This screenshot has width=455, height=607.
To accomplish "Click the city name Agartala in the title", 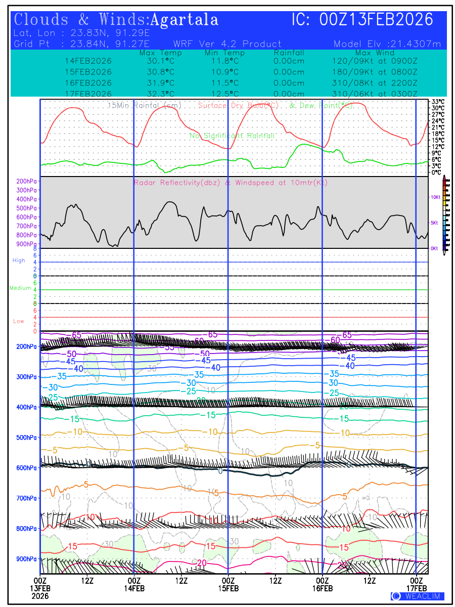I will tap(185, 20).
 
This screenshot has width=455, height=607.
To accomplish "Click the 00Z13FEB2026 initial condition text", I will tap(377, 20).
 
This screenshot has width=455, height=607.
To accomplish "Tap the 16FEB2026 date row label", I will tap(88, 82).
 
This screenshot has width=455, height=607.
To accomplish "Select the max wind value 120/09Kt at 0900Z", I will tap(375, 61).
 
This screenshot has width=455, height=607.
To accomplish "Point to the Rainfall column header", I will tap(289, 53).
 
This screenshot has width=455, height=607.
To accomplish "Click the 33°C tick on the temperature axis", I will tap(438, 101).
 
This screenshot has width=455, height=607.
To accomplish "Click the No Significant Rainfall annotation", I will tap(232, 136).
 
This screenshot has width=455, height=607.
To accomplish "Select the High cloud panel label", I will tap(19, 261).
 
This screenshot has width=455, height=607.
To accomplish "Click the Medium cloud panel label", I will tap(20, 288).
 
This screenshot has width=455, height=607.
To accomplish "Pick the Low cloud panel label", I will tap(19, 321).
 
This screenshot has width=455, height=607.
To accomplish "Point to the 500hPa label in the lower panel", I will tap(26, 437).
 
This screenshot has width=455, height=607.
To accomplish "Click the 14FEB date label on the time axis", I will tap(134, 588).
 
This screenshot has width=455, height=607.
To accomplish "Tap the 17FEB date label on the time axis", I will tap(417, 588).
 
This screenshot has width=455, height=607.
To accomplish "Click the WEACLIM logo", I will tap(418, 596).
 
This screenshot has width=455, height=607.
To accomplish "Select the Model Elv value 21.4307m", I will tap(388, 44).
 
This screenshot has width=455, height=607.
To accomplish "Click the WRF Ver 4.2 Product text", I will tap(227, 44).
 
